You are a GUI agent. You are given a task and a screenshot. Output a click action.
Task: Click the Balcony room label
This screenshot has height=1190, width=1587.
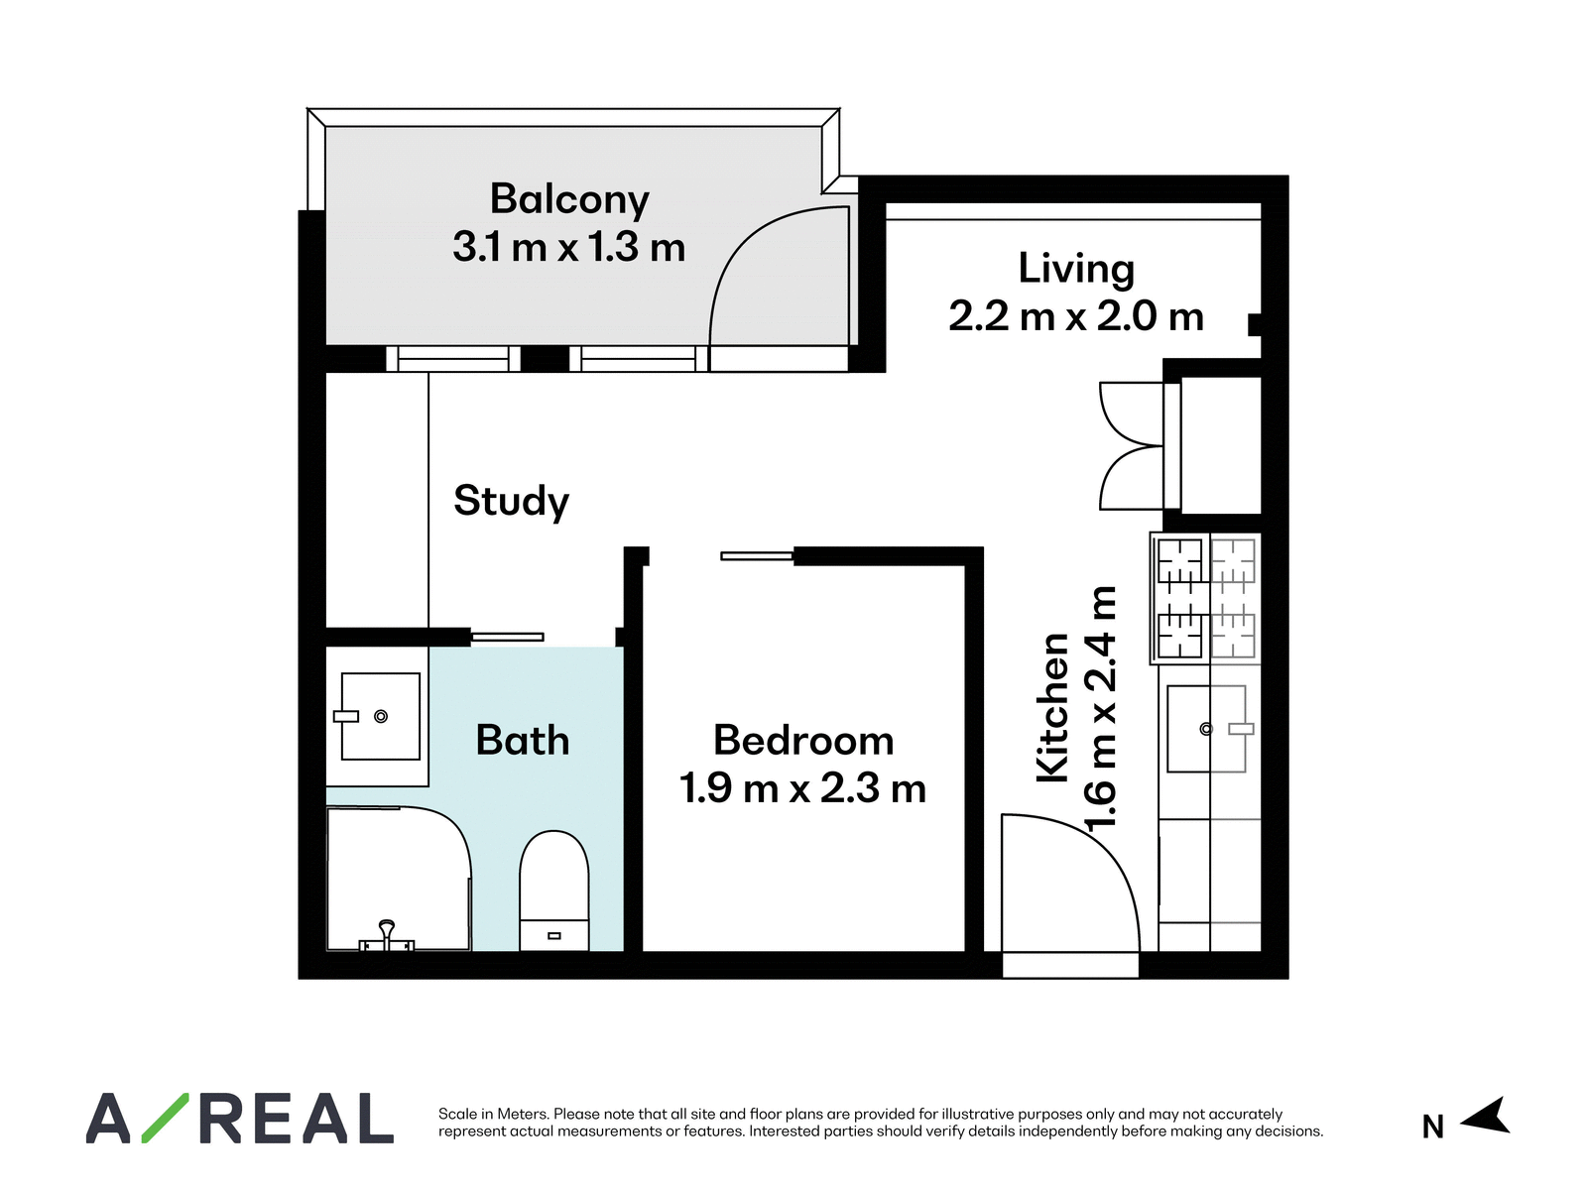pyautogui.click(x=569, y=200)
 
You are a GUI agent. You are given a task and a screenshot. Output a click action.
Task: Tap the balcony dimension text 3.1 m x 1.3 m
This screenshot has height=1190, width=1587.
pyautogui.click(x=569, y=247)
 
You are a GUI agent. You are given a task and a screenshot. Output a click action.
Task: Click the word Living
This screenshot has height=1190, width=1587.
pyautogui.click(x=1076, y=270)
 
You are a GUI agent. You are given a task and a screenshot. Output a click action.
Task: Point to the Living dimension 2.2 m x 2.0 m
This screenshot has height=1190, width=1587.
pyautogui.click(x=1076, y=317)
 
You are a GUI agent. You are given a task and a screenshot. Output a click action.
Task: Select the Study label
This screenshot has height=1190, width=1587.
pyautogui.click(x=511, y=502)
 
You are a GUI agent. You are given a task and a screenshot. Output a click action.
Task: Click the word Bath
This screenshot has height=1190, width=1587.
pyautogui.click(x=522, y=740)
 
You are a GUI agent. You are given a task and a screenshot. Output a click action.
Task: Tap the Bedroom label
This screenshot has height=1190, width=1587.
pyautogui.click(x=803, y=740)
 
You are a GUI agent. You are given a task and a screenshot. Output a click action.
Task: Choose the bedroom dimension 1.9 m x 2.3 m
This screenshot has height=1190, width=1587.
pyautogui.click(x=802, y=787)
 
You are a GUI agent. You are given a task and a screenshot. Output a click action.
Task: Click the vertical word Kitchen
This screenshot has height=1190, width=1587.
pyautogui.click(x=1052, y=707)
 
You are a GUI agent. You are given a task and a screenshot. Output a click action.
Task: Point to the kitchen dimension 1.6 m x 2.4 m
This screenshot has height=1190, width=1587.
pyautogui.click(x=1100, y=707)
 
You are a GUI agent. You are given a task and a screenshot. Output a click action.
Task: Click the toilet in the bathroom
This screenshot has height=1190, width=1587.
pyautogui.click(x=553, y=891)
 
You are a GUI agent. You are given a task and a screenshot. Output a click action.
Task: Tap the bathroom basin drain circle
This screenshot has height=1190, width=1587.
pyautogui.click(x=381, y=716)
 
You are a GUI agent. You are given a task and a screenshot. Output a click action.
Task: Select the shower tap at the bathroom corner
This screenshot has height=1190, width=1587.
pyautogui.click(x=387, y=936)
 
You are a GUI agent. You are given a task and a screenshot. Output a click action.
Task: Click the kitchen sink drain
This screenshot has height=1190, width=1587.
pyautogui.click(x=1206, y=729)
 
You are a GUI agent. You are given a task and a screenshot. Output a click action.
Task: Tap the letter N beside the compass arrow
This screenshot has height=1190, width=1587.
pyautogui.click(x=1433, y=1128)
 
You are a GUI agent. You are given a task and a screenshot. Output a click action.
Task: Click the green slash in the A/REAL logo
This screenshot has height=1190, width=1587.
pyautogui.click(x=165, y=1118)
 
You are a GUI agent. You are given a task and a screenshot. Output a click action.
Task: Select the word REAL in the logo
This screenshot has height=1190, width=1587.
pyautogui.click(x=297, y=1118)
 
